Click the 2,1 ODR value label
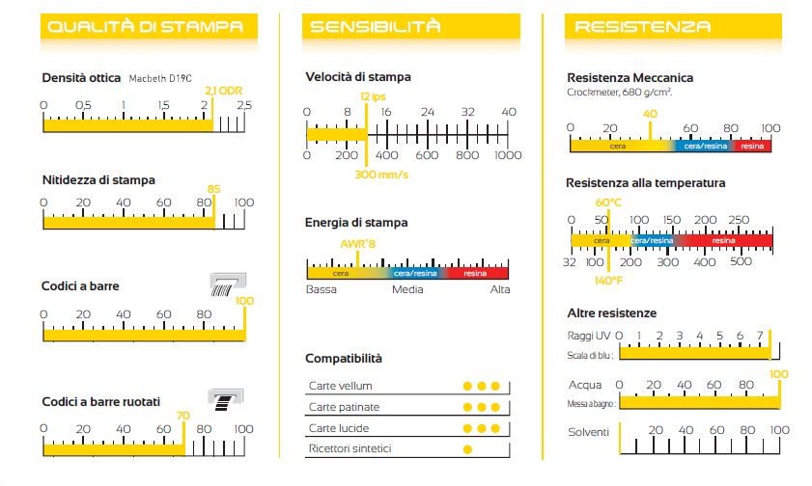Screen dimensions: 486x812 coord(224,91)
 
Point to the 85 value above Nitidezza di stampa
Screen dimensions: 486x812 coord(214,189)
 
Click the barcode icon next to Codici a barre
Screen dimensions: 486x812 coord(229,283)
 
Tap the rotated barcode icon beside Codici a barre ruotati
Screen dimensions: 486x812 coord(228,399)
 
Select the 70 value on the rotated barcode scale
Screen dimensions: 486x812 coord(183,416)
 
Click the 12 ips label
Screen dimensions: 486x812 coord(373,96)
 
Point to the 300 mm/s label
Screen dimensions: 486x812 coord(381,175)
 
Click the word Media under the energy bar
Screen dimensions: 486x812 coord(407,289)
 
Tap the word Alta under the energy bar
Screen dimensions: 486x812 coord(500,289)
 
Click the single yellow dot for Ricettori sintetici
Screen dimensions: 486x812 coord(467,449)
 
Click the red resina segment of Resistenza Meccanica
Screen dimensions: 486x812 coord(752,146)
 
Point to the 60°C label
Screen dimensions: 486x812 coord(609,202)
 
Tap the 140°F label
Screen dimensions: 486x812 coord(609,281)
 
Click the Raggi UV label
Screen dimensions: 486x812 coord(588,336)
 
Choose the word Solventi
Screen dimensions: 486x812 coord(588,432)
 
